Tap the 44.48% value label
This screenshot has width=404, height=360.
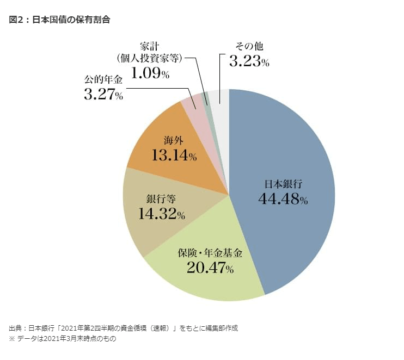click(x=283, y=200)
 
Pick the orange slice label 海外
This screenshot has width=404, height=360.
click(x=174, y=140)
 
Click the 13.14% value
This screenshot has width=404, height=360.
click(x=174, y=156)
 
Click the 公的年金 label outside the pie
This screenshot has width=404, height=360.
click(x=103, y=80)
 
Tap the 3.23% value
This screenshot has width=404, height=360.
click(x=249, y=61)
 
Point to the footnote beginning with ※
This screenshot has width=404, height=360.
click(x=63, y=338)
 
